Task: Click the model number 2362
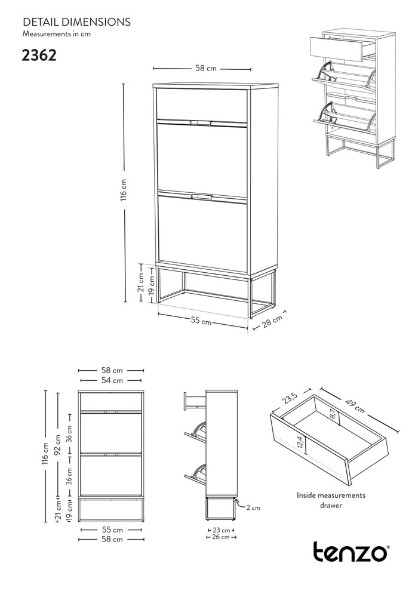39,56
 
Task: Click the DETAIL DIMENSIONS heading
76,22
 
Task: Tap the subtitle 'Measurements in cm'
57,34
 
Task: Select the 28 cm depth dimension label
272,321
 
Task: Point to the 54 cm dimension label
112,380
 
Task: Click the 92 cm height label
57,445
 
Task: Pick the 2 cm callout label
253,507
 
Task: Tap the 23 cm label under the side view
222,530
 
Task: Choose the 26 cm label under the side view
222,537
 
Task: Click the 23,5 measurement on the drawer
291,398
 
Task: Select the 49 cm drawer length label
355,405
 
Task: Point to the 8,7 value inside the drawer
333,415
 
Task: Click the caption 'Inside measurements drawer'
331,500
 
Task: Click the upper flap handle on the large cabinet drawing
202,123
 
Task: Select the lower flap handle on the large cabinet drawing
202,196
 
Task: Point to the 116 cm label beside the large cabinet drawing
124,190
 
